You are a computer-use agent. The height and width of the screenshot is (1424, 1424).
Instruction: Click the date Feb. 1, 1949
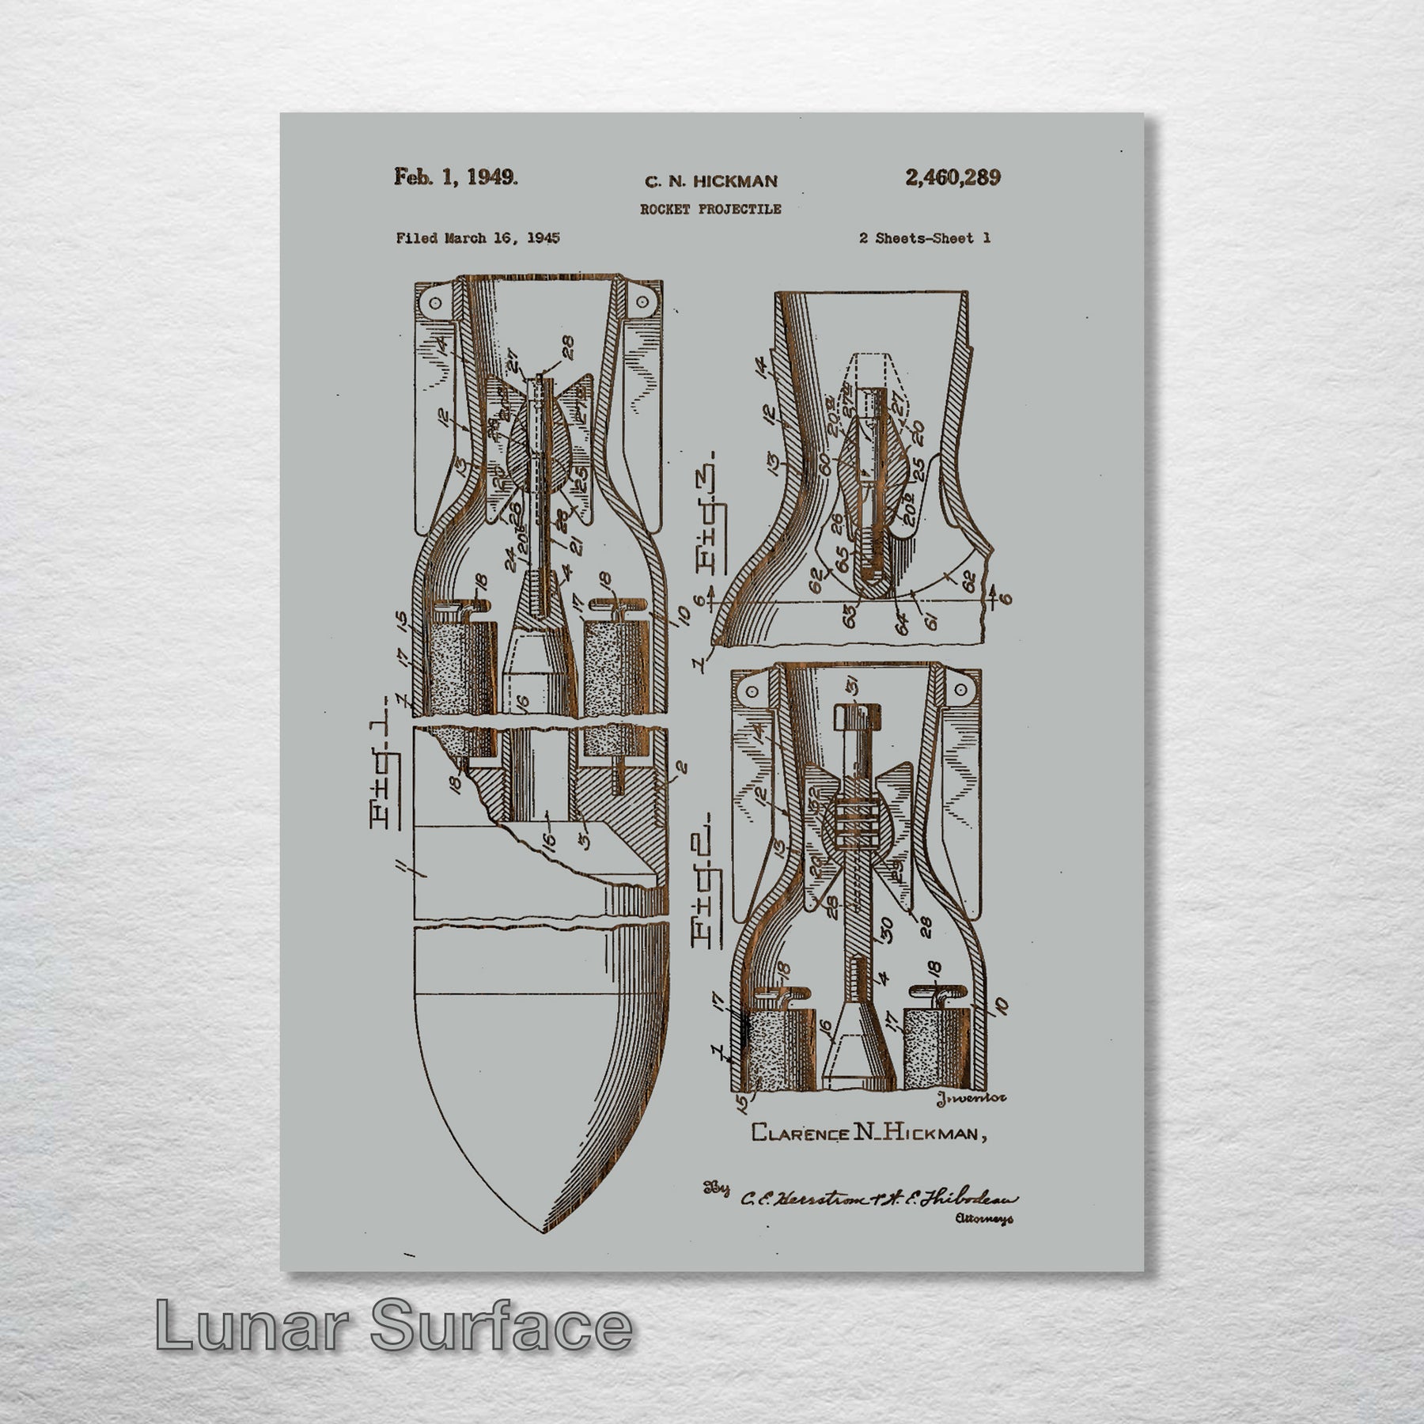point(456,176)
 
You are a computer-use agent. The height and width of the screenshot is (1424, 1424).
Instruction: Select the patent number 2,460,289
point(952,177)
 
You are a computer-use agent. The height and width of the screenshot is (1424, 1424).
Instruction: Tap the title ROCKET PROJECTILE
point(710,210)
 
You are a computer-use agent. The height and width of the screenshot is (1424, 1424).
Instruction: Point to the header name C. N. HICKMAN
point(710,182)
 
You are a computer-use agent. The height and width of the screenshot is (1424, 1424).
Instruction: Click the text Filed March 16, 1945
point(478,238)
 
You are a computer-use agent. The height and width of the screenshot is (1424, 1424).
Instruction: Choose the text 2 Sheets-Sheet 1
point(924,238)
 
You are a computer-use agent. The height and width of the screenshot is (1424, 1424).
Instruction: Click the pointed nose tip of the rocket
point(540,1231)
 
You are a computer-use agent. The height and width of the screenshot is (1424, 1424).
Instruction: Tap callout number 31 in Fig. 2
point(870,687)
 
